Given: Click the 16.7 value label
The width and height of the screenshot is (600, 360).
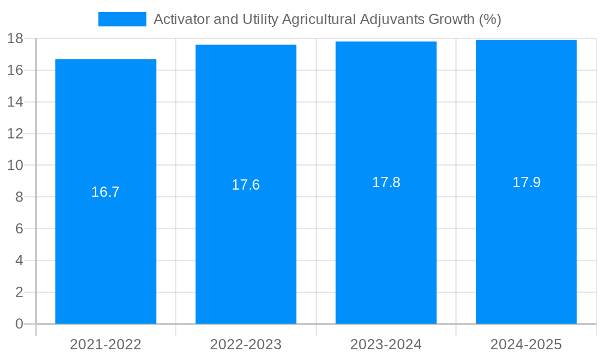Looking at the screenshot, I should pyautogui.click(x=106, y=192).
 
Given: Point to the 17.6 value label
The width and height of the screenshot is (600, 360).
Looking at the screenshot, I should pyautogui.click(x=246, y=185).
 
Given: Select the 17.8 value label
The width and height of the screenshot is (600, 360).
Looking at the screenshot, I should pyautogui.click(x=386, y=182).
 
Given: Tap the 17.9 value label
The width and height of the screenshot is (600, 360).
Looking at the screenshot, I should pyautogui.click(x=526, y=182).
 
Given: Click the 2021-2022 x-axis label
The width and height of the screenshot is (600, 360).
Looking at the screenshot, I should pyautogui.click(x=106, y=344).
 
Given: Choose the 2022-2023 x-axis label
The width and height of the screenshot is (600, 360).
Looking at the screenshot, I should pyautogui.click(x=246, y=344).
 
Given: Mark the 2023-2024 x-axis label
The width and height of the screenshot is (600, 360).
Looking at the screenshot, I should pyautogui.click(x=386, y=344).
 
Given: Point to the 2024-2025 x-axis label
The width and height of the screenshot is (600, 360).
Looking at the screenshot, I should pyautogui.click(x=526, y=344).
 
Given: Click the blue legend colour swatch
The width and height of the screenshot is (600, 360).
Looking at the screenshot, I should pyautogui.click(x=122, y=19).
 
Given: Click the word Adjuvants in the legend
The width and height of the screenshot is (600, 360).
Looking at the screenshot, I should pyautogui.click(x=392, y=19).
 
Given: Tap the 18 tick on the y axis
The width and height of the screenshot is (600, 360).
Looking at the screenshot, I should pyautogui.click(x=15, y=39).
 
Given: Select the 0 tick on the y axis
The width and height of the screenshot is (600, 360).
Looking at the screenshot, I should pyautogui.click(x=19, y=324).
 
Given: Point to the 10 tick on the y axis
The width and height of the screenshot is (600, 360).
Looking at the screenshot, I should pyautogui.click(x=15, y=166).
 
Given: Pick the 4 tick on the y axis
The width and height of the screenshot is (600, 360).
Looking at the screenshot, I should pyautogui.click(x=19, y=260).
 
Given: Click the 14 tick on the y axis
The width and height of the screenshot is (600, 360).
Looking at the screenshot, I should pyautogui.click(x=15, y=102).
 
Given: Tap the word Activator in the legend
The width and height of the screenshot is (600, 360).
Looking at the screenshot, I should pyautogui.click(x=179, y=19).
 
